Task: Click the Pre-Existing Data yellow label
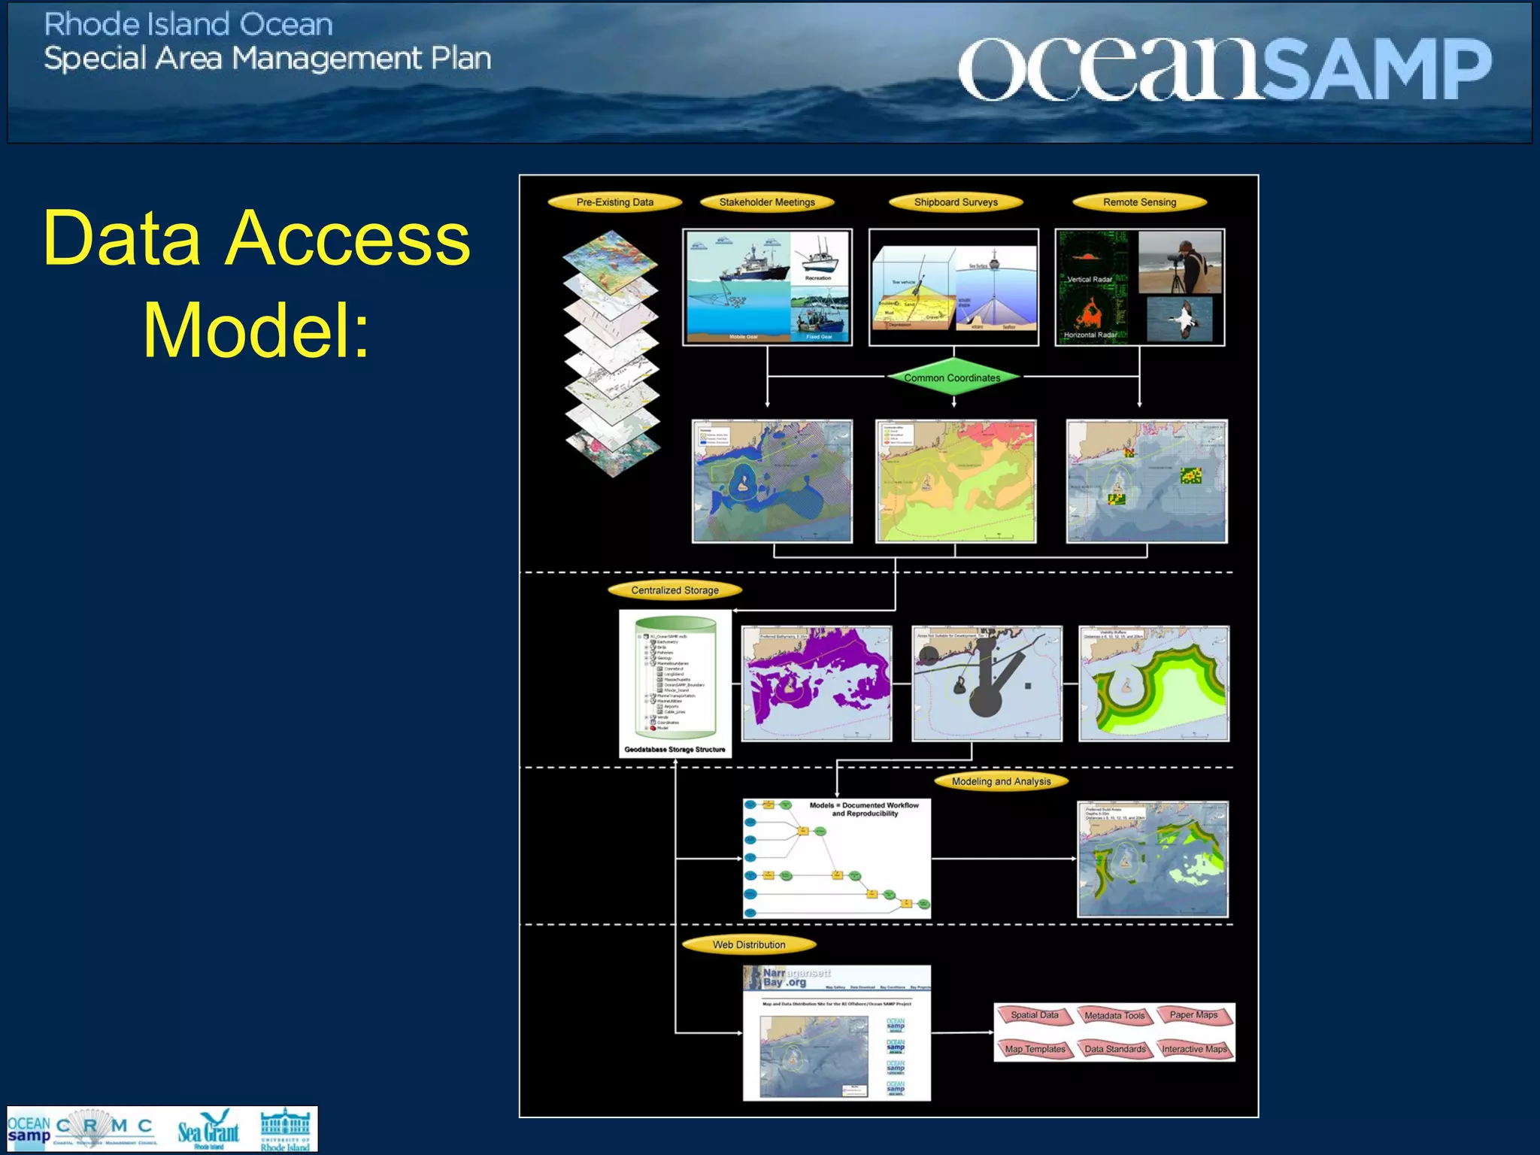click(614, 202)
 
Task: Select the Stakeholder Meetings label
click(767, 202)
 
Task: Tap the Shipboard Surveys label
click(956, 202)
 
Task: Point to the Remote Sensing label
click(1139, 202)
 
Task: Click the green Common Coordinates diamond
click(952, 377)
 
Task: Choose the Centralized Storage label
click(675, 590)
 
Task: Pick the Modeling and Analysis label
click(1001, 781)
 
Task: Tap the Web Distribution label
click(749, 944)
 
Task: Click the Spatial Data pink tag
click(1035, 1015)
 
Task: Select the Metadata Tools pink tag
click(1114, 1016)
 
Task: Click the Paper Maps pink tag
click(1194, 1015)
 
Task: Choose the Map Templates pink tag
click(1035, 1049)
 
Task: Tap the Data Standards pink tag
click(1115, 1049)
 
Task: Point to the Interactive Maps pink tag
click(1194, 1049)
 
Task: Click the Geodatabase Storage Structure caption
click(675, 750)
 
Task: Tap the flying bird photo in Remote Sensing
click(1179, 319)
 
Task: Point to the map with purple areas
click(816, 684)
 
